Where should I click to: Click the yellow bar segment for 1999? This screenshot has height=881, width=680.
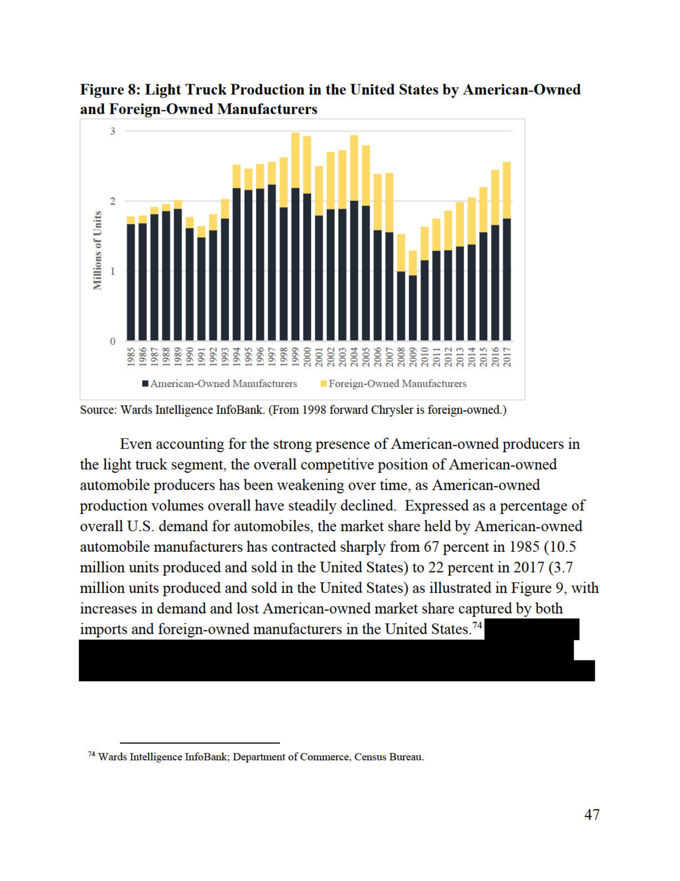[295, 160]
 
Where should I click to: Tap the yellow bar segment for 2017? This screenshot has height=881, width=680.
[507, 190]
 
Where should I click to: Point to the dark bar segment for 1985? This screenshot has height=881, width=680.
[131, 282]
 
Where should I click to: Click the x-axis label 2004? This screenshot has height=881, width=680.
[354, 357]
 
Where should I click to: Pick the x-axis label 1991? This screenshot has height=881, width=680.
[202, 357]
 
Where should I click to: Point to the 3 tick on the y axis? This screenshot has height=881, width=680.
[113, 131]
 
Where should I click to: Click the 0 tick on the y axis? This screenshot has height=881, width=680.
[113, 341]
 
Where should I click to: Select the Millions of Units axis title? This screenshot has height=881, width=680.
[97, 250]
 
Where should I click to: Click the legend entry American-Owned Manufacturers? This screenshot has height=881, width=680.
[223, 384]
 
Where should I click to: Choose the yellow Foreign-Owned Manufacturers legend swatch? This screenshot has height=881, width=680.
[323, 384]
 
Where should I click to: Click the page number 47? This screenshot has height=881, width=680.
[591, 814]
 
